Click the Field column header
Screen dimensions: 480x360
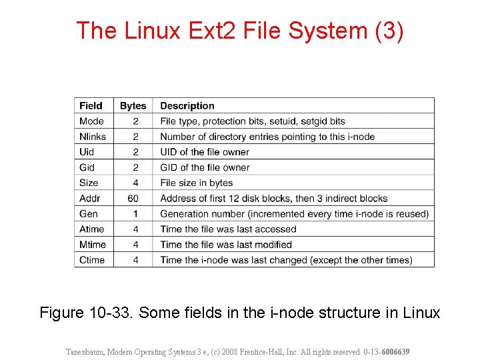pos(91,105)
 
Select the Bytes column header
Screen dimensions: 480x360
pos(133,105)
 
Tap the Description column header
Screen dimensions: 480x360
pos(187,105)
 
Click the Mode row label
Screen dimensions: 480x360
pos(91,121)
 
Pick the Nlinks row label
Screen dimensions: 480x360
pos(93,137)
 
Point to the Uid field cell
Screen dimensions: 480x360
pos(87,152)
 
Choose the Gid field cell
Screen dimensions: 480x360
pos(87,167)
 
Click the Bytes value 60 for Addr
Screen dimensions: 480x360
pos(133,198)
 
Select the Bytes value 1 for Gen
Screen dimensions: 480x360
pos(135,213)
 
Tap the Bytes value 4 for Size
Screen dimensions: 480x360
pos(135,183)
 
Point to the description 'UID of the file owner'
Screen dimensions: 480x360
pos(205,152)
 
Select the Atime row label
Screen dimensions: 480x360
pos(92,229)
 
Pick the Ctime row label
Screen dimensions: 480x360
pos(92,260)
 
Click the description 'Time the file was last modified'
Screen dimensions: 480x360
pos(226,245)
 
